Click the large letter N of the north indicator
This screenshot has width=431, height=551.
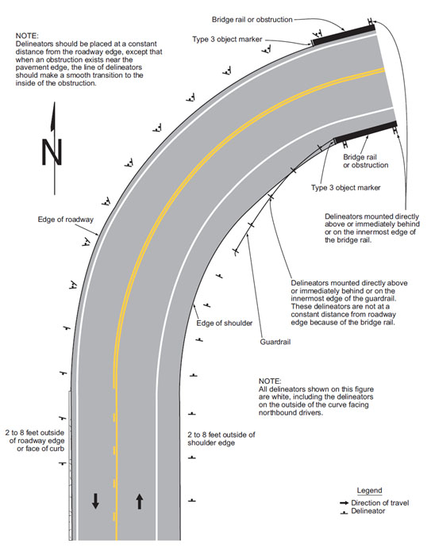tap(52, 152)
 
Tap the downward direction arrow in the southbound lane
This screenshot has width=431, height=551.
tap(95, 501)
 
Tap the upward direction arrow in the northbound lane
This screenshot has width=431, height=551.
tap(140, 502)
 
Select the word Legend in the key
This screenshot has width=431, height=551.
tap(369, 490)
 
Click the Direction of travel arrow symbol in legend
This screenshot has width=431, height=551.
tap(344, 503)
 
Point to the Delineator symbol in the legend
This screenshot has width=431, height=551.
tap(344, 513)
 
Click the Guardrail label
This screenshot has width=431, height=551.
tap(275, 342)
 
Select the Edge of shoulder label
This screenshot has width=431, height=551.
tap(224, 323)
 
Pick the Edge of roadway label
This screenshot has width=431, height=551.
tap(65, 220)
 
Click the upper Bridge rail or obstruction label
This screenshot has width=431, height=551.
tap(252, 20)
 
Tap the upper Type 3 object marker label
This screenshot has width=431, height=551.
tap(227, 40)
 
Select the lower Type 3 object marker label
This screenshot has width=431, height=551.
tap(345, 188)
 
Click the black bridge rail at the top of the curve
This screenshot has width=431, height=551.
tap(344, 35)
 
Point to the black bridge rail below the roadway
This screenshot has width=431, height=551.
tap(366, 132)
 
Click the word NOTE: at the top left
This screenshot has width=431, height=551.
tap(27, 36)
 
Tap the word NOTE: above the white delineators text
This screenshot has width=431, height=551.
tap(270, 381)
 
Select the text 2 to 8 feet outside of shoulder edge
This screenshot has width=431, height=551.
tap(221, 439)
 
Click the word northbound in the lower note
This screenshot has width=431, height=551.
tap(276, 412)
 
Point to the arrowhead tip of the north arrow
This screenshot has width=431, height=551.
tap(55, 102)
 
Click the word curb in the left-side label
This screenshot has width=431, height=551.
tap(56, 449)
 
